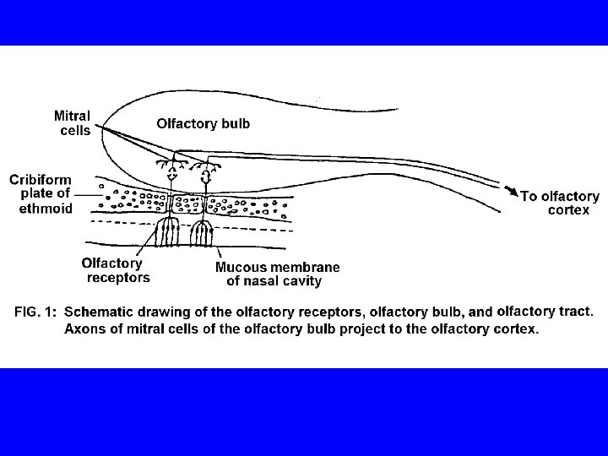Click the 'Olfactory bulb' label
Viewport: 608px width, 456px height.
(203, 123)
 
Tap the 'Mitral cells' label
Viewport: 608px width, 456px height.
(73, 122)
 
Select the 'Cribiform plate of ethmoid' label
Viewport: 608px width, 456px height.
(41, 193)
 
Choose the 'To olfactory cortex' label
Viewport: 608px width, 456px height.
(560, 203)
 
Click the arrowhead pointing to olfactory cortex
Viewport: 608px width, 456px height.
(511, 192)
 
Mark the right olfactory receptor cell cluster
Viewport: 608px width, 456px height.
(203, 232)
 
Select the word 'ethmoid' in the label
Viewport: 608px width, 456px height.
(47, 208)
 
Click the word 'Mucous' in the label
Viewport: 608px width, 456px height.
(240, 267)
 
